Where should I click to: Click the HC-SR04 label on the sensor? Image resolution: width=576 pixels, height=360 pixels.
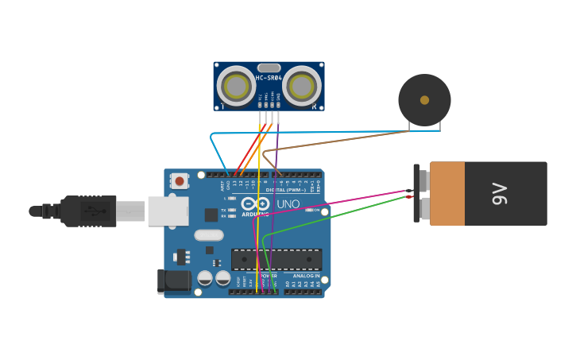tap(269, 78)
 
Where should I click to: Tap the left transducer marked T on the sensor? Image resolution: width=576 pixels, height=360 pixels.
tap(236, 86)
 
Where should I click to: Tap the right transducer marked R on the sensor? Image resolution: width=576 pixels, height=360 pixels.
tap(302, 86)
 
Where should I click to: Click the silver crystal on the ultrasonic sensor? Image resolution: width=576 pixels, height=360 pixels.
tap(269, 68)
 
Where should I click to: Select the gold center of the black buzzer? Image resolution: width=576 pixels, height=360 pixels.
tap(424, 100)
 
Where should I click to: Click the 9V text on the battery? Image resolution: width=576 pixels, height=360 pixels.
tap(499, 193)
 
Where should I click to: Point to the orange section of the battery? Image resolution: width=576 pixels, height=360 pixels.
tap(447, 193)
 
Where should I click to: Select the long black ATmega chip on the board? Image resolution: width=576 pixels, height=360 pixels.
tap(276, 259)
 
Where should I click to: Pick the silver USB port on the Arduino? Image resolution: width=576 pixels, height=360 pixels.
tap(167, 211)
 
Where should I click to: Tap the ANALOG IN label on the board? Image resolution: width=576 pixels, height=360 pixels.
tap(307, 276)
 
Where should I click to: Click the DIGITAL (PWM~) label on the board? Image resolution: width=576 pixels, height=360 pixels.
tap(286, 190)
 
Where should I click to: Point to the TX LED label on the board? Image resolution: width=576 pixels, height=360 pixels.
tap(224, 211)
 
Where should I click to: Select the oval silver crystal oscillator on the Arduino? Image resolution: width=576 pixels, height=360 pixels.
tap(209, 235)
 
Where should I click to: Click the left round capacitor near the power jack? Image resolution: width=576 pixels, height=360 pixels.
tap(205, 278)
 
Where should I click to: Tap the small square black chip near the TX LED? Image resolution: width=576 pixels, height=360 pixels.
tap(211, 215)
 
